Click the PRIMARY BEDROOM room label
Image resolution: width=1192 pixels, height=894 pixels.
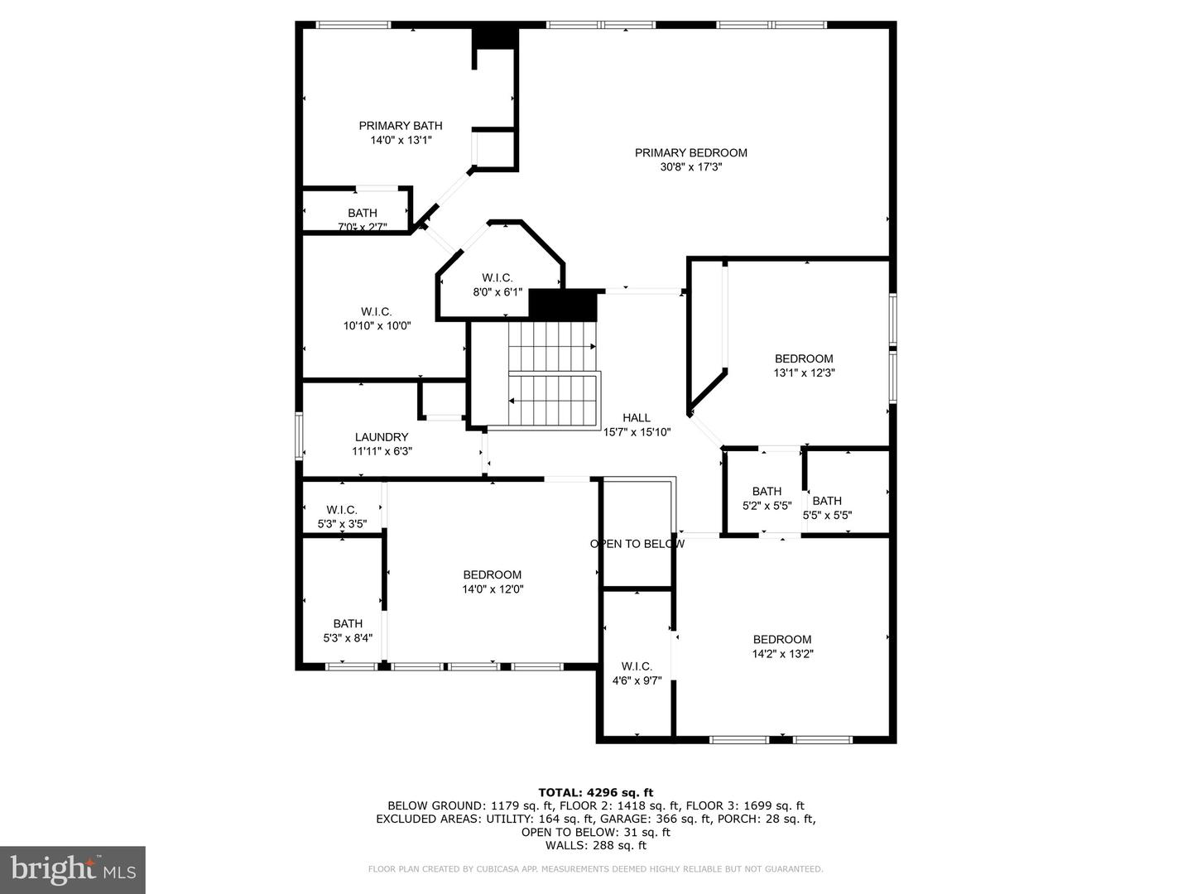690,153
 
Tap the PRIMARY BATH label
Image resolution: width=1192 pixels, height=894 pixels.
401,126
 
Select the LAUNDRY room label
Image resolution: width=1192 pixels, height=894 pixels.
382,437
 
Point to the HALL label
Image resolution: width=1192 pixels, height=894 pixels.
637,417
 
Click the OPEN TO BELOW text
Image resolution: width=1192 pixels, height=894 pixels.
637,543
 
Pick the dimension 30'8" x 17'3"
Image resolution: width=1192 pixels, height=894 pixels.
690,167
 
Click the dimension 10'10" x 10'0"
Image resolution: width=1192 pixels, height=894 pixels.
377,325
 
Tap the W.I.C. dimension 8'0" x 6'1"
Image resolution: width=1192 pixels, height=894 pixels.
497,292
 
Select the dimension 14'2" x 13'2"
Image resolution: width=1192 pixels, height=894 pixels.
782,654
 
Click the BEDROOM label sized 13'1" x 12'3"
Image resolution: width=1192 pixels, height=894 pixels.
804,358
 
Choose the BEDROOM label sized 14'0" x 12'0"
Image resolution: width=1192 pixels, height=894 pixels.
492,574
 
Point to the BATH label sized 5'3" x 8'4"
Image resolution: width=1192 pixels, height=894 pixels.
348,623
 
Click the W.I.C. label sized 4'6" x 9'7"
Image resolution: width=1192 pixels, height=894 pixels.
637,666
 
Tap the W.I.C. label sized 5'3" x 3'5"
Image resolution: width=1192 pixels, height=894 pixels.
342,510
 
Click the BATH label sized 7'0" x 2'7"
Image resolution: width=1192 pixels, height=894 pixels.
363,213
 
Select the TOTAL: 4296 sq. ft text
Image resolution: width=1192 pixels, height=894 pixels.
596,793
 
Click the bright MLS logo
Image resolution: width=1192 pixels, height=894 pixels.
73,869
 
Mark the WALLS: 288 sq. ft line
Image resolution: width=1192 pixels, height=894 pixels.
596,845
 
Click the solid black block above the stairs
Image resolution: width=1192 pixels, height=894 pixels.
563,305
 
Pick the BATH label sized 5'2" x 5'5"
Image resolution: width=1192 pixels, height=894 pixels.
767,491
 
